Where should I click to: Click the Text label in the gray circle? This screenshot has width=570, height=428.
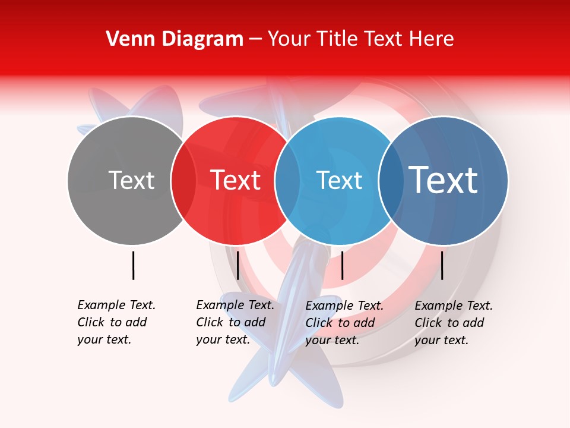point(131,180)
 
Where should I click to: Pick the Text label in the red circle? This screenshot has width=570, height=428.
point(236,180)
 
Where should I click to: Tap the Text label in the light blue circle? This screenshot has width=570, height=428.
point(339,180)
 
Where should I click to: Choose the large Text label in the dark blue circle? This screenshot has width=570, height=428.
point(444,180)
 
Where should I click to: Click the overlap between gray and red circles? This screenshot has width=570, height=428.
point(183,181)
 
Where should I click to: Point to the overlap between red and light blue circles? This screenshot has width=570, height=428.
point(287,181)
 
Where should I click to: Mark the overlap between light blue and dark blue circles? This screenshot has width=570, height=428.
point(391,181)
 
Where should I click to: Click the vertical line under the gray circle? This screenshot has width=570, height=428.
point(134,265)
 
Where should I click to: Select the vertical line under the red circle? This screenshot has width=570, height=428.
point(238,265)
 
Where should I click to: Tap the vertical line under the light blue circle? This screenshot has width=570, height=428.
point(343,265)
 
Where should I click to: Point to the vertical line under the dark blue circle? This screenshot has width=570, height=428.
point(442,265)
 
